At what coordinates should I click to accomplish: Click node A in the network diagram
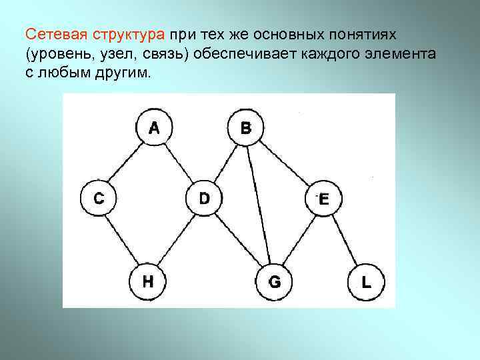154,127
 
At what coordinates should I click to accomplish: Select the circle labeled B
245,127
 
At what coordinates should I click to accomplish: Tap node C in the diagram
98,198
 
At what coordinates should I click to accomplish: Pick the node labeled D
204,198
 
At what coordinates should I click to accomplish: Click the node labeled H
147,281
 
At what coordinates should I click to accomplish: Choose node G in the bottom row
274,282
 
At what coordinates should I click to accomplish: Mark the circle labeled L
366,282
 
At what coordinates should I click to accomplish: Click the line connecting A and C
125,163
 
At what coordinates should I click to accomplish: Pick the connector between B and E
285,163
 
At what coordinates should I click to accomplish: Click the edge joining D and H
176,239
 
